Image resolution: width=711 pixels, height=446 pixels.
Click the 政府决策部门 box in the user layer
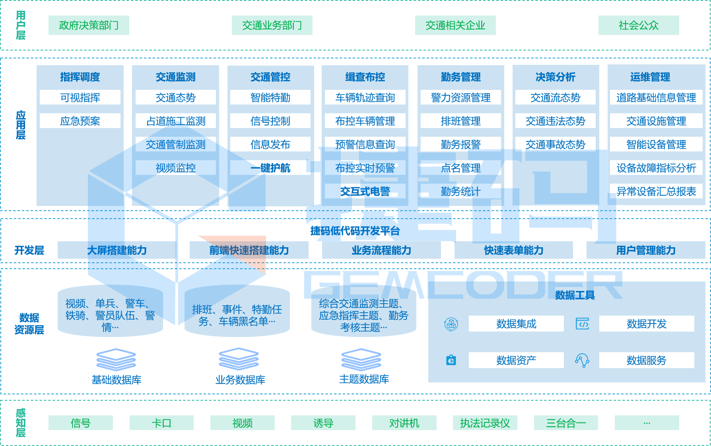point(89,25)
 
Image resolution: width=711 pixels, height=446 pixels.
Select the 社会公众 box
point(638,25)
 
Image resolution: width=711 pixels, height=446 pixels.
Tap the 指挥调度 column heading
point(80,77)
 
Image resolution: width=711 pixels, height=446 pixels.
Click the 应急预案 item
point(80,121)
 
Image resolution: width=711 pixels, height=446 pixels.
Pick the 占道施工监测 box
point(175,121)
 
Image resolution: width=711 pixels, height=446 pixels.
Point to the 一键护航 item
point(270,168)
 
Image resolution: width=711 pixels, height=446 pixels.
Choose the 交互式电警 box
point(365,191)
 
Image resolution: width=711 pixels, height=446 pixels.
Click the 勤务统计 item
point(460,191)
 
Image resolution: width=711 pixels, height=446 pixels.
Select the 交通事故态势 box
point(555,144)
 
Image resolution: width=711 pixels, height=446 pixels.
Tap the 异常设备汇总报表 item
point(656,191)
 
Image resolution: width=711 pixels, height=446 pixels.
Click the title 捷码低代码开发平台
point(355,231)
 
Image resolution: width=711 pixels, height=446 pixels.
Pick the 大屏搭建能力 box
point(117,250)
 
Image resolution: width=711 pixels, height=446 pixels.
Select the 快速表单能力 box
point(513,250)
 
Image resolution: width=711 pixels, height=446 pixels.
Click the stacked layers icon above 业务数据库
point(239,359)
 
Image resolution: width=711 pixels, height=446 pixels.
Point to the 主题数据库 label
point(364,379)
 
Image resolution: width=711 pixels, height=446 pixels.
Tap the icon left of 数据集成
point(451,324)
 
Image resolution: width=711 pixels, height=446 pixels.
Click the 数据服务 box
point(646,360)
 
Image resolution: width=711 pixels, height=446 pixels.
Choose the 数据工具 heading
point(575,295)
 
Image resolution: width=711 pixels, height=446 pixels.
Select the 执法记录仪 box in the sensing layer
point(485,423)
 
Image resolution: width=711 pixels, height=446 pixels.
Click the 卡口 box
point(161,423)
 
